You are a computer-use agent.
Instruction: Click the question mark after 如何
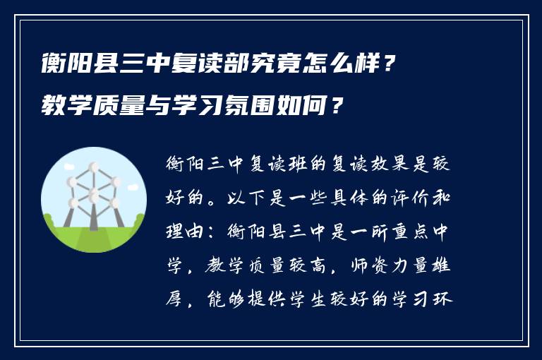coord(339,107)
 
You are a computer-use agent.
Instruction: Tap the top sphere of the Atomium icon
coord(92,169)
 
